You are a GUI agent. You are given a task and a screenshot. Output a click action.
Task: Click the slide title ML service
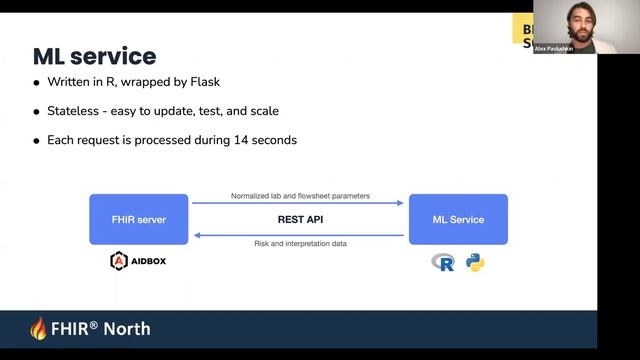94,55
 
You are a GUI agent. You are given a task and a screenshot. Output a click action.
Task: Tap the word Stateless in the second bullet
75,111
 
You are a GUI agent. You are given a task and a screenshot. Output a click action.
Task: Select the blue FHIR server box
138,219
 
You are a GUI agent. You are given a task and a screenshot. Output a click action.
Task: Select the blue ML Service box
458,219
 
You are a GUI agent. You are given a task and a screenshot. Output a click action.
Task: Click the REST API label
299,219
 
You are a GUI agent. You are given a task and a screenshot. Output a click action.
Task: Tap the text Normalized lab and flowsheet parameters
300,195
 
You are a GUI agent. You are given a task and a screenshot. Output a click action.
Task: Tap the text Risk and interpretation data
300,244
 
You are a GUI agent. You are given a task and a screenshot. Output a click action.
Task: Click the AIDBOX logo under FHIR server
138,262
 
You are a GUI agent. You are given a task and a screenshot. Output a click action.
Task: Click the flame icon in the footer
39,329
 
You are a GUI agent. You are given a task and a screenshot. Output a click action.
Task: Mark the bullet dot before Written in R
37,83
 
